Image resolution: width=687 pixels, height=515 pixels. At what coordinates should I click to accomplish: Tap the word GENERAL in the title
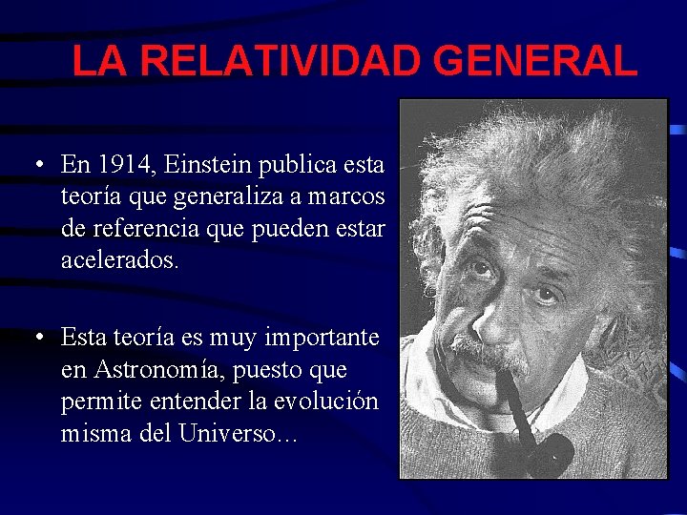(534, 62)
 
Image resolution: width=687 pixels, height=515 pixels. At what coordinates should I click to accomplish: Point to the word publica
(295, 165)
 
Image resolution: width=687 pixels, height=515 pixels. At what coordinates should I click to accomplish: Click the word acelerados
(118, 259)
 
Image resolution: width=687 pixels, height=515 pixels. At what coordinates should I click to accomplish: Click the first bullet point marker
(35, 164)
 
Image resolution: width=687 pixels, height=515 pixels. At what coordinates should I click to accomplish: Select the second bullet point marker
(35, 337)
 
